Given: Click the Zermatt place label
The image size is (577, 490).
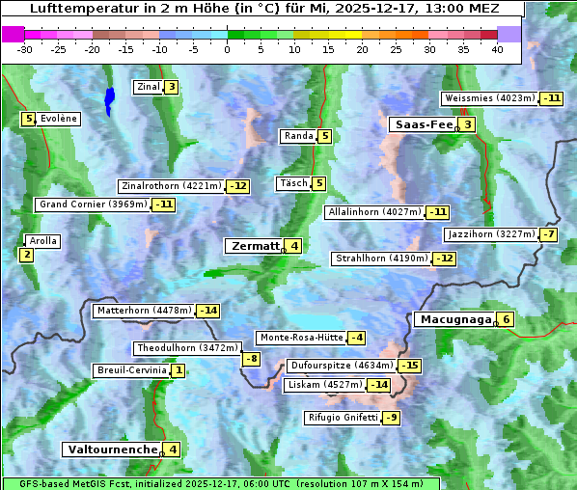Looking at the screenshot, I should coord(254,246).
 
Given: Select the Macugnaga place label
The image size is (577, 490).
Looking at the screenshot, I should coord(453,320).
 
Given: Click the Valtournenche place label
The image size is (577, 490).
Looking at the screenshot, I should coord(111,449).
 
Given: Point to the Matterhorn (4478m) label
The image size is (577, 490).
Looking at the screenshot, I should coord(144,311).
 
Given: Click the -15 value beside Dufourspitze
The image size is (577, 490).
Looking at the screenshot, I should coord(410,366).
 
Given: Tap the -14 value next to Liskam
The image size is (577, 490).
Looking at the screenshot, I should coord(379,385).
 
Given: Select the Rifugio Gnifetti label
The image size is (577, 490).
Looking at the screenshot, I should coord(343,418).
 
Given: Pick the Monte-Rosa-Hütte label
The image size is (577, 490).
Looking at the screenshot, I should coord(300,338).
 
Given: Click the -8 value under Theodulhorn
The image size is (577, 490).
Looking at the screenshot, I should coord(251,359).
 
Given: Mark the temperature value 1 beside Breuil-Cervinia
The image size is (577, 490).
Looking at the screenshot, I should coord(178,370).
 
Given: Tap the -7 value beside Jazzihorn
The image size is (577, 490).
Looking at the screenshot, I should coord(549,234).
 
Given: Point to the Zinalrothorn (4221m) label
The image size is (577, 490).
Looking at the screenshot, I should coord(171,186).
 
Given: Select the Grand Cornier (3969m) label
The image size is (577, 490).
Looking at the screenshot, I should coord(94,204).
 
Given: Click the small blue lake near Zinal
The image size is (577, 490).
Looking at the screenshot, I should coord(109,99).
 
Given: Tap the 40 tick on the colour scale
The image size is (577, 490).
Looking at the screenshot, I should coord(497,48).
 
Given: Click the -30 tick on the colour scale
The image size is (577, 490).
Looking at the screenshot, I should coord(25,48).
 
